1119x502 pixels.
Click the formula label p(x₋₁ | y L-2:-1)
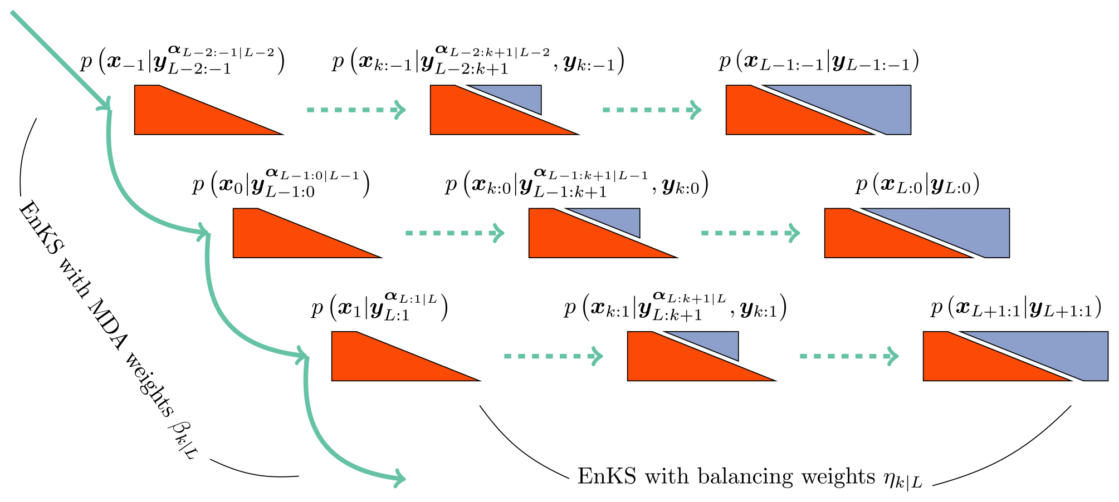tap(182, 61)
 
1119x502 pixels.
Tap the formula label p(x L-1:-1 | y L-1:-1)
tap(818, 62)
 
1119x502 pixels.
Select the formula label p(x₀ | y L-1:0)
tap(281, 184)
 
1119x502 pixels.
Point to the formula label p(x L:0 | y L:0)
tap(917, 185)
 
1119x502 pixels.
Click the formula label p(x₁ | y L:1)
tap(379, 307)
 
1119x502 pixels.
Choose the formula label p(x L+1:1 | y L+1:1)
tap(1016, 308)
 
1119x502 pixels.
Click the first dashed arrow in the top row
tap(355, 110)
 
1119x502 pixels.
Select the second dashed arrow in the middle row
tap(750, 233)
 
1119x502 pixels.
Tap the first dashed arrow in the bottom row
tap(553, 356)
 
